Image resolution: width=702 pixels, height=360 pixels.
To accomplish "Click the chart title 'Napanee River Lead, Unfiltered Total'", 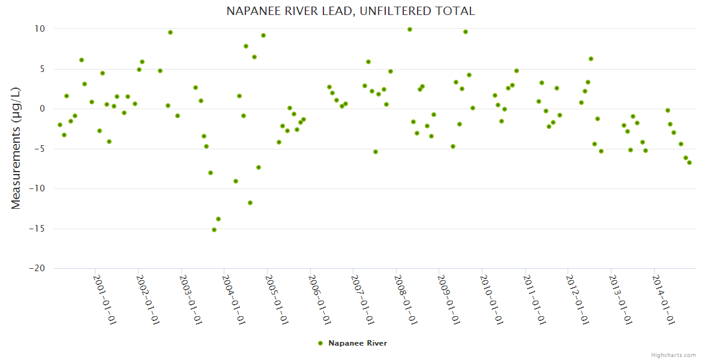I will (350, 11).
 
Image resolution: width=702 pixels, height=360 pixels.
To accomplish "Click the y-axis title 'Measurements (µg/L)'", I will (16, 149).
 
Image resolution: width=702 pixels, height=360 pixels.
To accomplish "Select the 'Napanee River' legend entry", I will (357, 343).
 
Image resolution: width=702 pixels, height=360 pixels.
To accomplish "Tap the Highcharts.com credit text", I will (673, 355).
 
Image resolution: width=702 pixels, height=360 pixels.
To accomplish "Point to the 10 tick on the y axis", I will (40, 29).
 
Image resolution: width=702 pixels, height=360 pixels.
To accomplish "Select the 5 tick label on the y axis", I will (42, 69).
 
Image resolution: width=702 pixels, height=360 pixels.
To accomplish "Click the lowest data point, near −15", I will (214, 230).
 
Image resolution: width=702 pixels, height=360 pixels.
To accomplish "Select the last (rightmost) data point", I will (689, 163).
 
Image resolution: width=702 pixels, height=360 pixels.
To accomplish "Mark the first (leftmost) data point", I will (60, 125).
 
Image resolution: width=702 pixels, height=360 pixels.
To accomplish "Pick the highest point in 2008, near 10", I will (410, 29).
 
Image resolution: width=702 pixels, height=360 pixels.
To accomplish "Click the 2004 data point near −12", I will (250, 203).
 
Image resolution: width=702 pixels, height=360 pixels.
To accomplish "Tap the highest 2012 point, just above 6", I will (591, 59).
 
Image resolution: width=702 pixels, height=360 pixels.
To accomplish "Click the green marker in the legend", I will (320, 343).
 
